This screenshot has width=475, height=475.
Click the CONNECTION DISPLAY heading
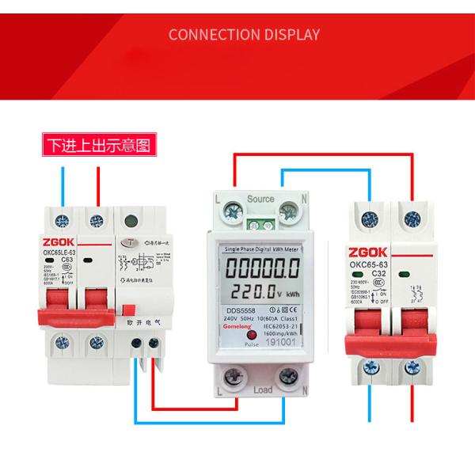point(244,35)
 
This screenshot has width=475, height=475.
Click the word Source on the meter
point(260,198)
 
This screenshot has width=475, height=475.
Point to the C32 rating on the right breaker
point(390,268)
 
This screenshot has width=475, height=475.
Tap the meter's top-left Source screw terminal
point(234,211)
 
